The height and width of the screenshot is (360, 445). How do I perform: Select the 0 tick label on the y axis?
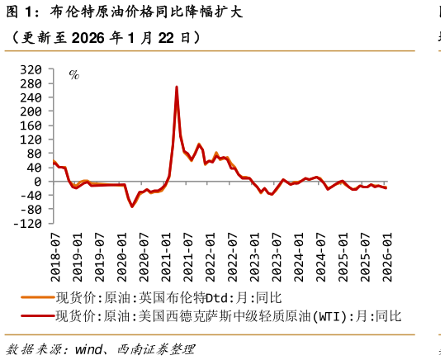coord(36,182)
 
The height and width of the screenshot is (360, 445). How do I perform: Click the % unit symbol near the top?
coord(73,75)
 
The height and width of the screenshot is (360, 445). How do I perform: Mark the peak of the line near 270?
coord(177,87)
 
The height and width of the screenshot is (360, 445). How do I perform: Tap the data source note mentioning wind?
coord(100,349)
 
